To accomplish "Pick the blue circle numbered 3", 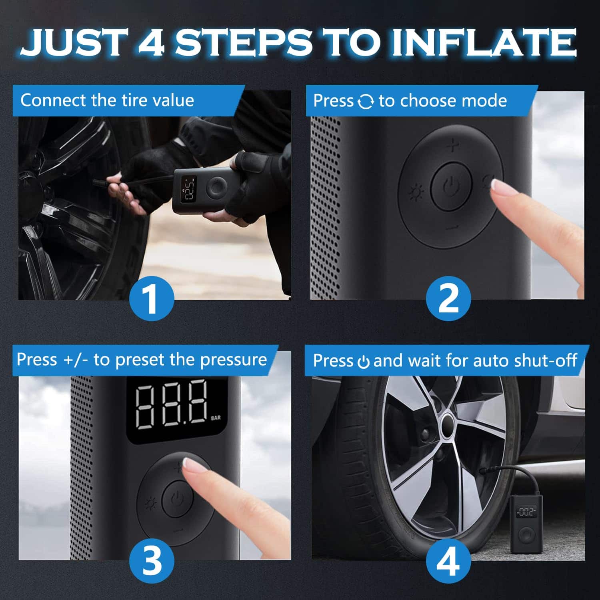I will (x=152, y=560).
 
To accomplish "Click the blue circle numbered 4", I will (x=448, y=560).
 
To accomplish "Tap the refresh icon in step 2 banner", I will (x=366, y=102).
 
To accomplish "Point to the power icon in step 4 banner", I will (x=363, y=362).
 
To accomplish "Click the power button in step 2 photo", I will (x=450, y=186).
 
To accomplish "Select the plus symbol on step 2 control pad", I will (x=452, y=146).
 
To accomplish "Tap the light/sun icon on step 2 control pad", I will (x=416, y=194).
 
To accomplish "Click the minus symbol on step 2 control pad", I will (x=452, y=228).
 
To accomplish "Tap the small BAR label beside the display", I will (x=216, y=418).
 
